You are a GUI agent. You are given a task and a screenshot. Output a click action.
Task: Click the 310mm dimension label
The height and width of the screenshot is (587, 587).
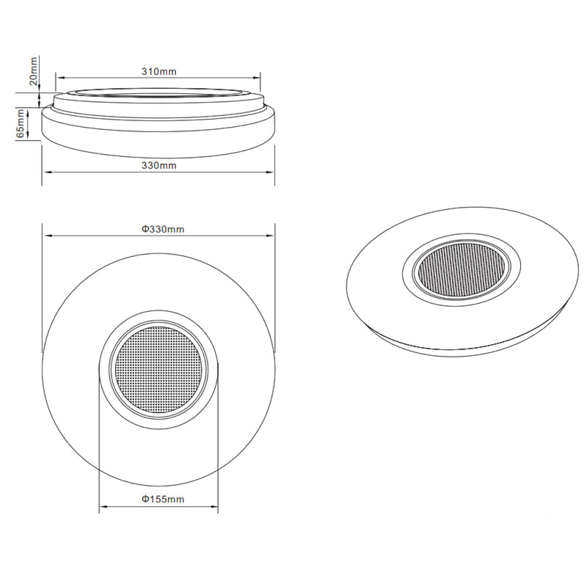[x=158, y=72]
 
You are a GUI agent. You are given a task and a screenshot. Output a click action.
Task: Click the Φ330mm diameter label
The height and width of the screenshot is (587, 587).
[x=163, y=229]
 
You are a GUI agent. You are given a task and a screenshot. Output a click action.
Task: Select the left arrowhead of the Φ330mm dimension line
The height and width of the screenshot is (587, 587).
[x=48, y=236]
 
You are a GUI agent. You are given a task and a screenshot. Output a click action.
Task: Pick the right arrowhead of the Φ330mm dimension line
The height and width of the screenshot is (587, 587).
[x=270, y=236]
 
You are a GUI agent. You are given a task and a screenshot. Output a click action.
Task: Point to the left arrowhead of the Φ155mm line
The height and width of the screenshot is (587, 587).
[x=103, y=506]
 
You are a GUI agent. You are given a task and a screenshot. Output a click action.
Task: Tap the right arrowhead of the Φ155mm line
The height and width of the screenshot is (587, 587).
[x=214, y=506]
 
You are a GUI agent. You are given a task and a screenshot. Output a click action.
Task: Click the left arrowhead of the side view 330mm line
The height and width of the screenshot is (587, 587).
[x=48, y=172]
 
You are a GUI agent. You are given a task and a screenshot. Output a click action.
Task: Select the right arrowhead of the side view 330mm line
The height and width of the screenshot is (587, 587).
[x=270, y=172]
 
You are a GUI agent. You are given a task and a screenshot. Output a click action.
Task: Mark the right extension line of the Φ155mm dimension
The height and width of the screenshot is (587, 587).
[x=217, y=440]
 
